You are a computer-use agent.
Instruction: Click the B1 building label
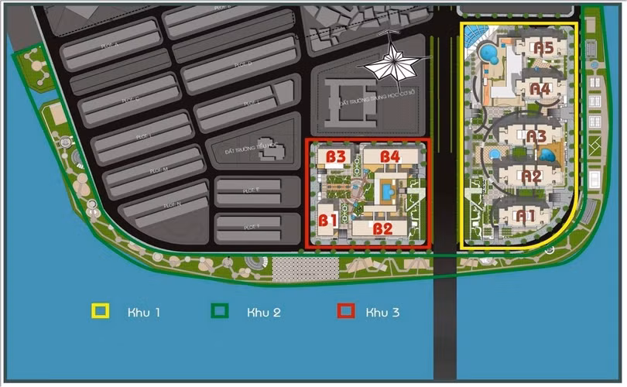coord(328,220)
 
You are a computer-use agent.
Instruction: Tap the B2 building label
coord(383,228)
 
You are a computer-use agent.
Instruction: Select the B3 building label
coord(335,156)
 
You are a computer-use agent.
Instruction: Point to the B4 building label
coord(389,156)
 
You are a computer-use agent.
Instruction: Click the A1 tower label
coord(527,214)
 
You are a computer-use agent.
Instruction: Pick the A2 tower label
coord(531,176)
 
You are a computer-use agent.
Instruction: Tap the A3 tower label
coord(536,135)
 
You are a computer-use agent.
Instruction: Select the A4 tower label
coord(540,89)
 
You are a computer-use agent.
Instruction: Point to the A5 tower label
coord(543,48)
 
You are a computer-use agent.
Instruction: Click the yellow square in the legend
coord(100,312)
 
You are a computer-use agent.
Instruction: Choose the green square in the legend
coord(221,312)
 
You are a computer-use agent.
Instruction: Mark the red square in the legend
coord(346,312)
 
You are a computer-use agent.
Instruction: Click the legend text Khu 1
coord(145,313)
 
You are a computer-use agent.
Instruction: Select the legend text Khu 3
coord(385,313)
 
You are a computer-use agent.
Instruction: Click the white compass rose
coord(392,64)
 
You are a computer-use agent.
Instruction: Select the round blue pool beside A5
coord(489,54)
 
